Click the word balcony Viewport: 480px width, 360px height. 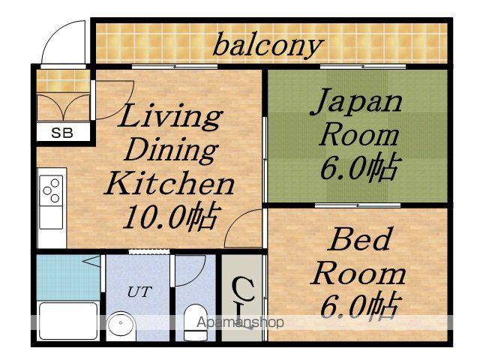268,46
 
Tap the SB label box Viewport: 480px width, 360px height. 63,133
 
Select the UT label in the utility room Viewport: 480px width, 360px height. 139,292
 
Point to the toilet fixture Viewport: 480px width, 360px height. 196,322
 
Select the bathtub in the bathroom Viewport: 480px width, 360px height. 68,320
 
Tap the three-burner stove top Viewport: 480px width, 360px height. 51,190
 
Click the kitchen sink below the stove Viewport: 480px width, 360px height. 51,217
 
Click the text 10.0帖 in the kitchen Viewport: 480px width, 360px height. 172,216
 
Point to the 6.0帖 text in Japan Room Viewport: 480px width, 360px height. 361,166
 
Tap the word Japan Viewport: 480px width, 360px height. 356,103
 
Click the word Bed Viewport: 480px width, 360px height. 359,239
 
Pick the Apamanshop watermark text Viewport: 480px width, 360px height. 240,322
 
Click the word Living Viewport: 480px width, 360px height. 170,117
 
